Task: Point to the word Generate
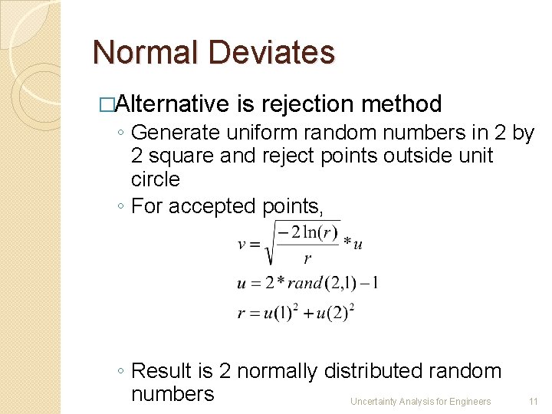click(x=176, y=133)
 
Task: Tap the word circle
click(x=156, y=179)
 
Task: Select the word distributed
click(x=370, y=371)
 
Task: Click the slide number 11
click(x=534, y=401)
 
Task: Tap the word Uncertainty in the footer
click(x=373, y=401)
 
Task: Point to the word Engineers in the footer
click(x=469, y=401)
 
